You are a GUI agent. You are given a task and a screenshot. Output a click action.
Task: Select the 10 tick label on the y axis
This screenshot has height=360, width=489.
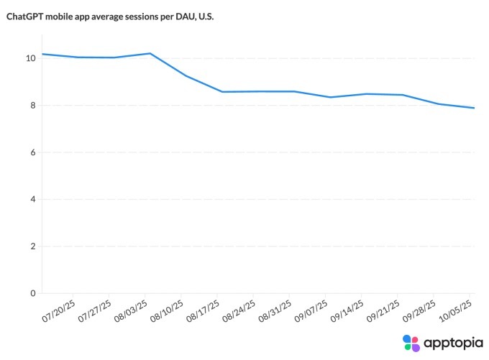coord(29,58)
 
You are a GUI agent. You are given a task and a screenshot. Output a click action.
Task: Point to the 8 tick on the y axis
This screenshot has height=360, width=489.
coord(32,106)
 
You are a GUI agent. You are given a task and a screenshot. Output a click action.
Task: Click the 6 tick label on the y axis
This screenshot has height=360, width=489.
coord(32,152)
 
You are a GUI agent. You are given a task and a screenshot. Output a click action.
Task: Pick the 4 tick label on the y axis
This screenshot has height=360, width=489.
coord(32,199)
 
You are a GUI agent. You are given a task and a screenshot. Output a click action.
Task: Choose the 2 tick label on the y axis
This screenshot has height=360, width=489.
coord(32,246)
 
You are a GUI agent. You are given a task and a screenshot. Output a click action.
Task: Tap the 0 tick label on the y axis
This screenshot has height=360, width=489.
coord(32,293)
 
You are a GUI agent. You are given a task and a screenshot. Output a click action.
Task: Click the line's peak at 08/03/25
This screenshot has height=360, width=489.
coord(150,53)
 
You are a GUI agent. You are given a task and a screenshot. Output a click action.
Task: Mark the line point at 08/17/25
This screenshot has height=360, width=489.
coord(222,91)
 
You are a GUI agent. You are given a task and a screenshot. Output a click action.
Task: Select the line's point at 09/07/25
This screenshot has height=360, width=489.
coord(330,97)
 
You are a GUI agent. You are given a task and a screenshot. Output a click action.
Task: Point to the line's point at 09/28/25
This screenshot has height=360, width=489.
coord(439,104)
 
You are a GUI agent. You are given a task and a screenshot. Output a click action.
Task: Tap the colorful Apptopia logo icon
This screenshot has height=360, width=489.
coord(411,343)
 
